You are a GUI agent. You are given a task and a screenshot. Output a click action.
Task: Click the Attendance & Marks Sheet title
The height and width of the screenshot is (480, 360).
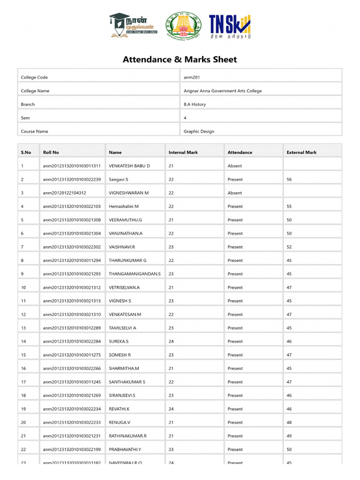[x=180, y=60]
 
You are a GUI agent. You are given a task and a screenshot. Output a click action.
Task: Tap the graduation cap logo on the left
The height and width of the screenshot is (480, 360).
[x=133, y=26]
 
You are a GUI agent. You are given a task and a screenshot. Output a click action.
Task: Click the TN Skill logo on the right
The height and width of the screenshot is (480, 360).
[x=230, y=26]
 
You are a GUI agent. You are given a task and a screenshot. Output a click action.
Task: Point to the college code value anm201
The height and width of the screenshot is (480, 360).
[x=192, y=77]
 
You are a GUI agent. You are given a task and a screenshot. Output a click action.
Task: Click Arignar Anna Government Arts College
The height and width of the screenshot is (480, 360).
[x=223, y=91]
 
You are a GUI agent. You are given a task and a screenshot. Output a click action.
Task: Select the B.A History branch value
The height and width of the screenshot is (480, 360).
[x=195, y=105]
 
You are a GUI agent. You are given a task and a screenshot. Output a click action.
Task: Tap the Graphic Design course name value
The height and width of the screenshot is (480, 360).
[x=199, y=132]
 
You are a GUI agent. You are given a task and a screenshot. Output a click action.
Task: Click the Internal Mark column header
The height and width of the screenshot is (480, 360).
[x=183, y=152]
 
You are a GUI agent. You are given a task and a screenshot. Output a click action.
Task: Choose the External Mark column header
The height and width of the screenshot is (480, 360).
[x=301, y=152]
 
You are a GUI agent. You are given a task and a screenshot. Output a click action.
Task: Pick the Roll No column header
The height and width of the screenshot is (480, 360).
[x=51, y=152]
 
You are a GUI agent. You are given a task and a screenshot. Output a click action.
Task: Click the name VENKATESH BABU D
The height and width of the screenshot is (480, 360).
[x=129, y=166]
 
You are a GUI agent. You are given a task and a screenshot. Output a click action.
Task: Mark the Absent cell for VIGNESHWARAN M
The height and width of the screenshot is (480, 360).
[x=235, y=193]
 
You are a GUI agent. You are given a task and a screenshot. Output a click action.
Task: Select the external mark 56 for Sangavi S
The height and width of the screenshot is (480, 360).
[x=289, y=180]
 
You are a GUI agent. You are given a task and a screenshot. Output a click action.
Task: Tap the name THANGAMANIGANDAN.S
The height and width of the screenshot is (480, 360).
[x=135, y=274]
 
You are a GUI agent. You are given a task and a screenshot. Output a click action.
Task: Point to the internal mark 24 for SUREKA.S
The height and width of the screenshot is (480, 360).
[x=171, y=342]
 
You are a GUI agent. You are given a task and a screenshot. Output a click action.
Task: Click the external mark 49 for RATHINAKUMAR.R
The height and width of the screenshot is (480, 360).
[x=289, y=436]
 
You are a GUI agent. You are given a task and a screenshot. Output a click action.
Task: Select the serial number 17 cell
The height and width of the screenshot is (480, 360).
[x=23, y=382]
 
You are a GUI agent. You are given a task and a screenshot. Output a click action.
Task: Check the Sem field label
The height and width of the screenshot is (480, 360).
[x=25, y=118]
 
